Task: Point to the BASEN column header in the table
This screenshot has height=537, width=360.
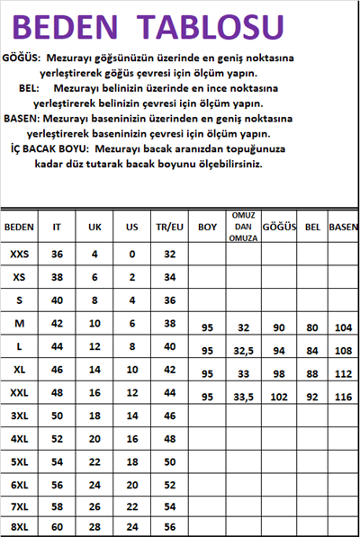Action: tap(343, 227)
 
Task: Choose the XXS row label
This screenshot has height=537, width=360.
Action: tap(19, 255)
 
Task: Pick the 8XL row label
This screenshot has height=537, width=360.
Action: tap(19, 526)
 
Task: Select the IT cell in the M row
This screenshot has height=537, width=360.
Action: tap(57, 322)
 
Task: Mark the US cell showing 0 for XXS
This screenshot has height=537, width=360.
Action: tap(131, 255)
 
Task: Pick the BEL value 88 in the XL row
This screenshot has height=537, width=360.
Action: tap(312, 372)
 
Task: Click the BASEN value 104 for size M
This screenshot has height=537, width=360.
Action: tap(343, 327)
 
